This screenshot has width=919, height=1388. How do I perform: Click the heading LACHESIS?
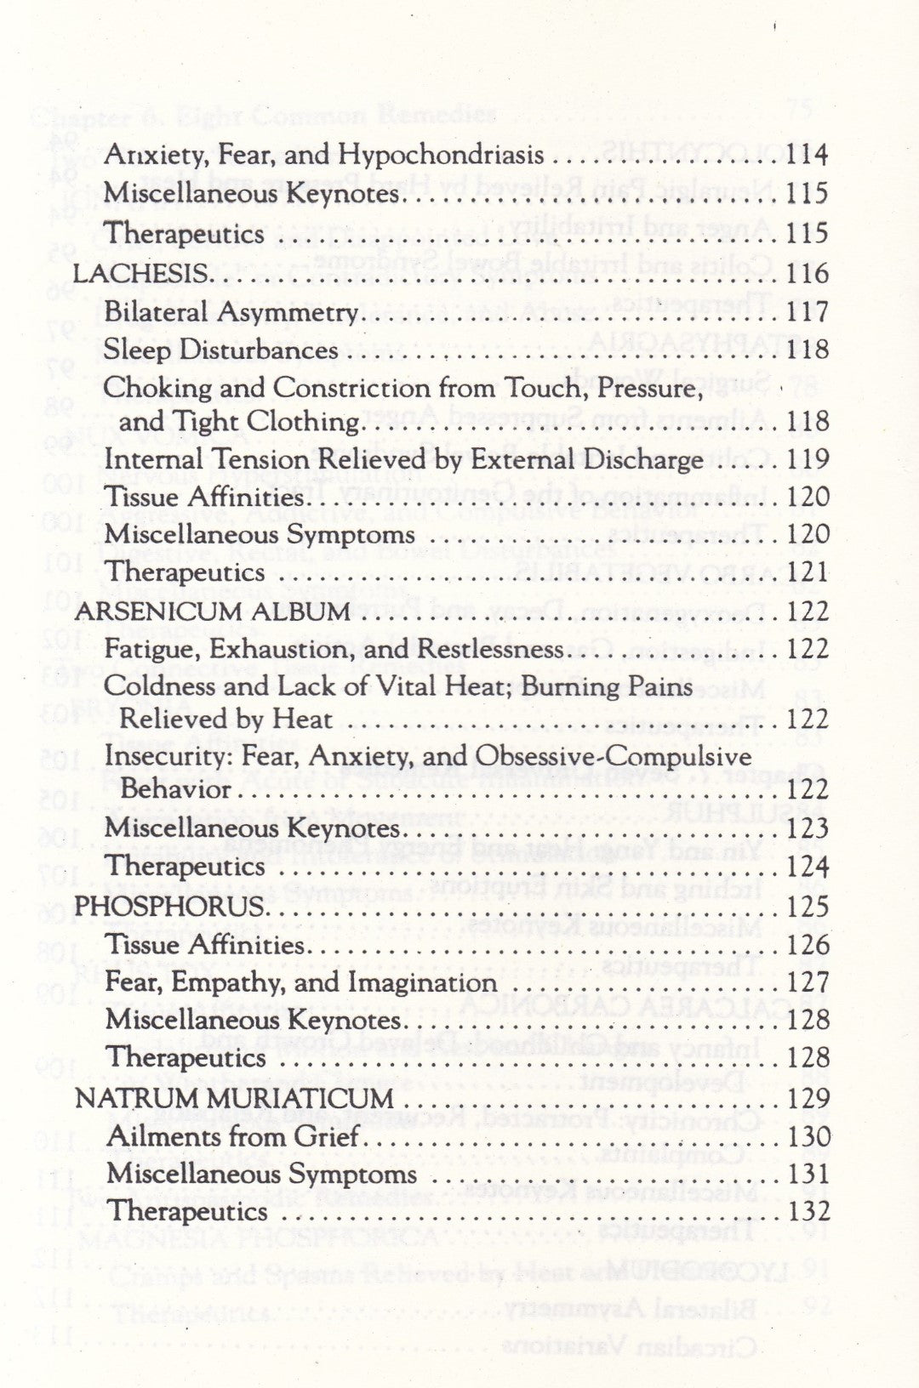pos(141,274)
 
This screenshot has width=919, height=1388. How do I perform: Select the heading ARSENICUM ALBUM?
pos(212,612)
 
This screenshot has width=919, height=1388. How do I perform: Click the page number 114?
pos(808,155)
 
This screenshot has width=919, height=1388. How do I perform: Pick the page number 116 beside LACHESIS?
pos(808,274)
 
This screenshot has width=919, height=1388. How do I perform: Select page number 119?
pos(808,460)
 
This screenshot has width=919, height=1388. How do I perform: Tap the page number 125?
pos(808,906)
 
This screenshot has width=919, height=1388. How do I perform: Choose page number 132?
pos(808,1211)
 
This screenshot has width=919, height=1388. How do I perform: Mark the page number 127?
pos(808,983)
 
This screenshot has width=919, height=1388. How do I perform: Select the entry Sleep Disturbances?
pos(220,350)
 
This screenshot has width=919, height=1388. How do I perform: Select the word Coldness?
pos(152,685)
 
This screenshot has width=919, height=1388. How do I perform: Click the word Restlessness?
pos(488,650)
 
